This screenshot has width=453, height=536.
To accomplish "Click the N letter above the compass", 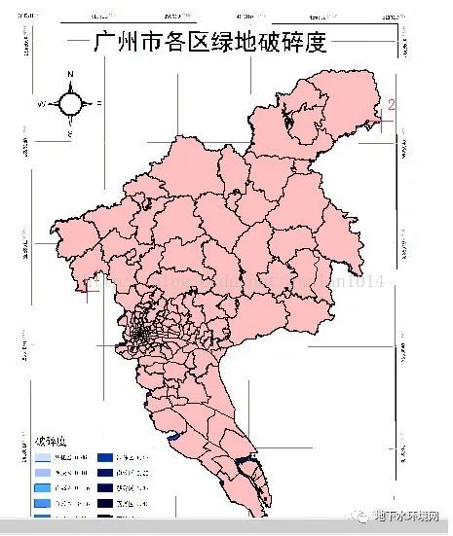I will coord(70,74).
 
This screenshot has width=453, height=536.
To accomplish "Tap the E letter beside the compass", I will coord(99,102).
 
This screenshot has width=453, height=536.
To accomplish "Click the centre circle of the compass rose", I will coord(70,102).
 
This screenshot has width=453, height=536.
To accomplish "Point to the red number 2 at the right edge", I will coord(392,104).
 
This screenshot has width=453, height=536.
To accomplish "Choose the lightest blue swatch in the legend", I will coord(44,456).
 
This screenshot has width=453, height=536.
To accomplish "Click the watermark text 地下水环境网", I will coord(410,518).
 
